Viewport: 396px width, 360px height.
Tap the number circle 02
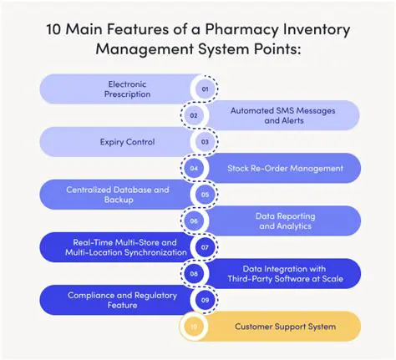(194, 115)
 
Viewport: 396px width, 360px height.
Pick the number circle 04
(194, 168)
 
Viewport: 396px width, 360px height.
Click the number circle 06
(194, 221)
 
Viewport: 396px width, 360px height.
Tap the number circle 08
(194, 274)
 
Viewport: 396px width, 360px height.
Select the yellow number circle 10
(194, 327)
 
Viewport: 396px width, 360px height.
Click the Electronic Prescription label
(129, 89)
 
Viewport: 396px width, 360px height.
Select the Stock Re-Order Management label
(285, 168)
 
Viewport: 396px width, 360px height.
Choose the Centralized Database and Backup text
(118, 195)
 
